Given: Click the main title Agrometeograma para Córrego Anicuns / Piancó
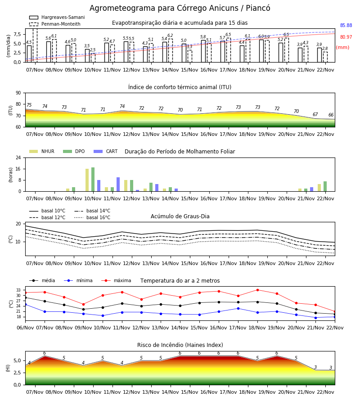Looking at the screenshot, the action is (x=180, y=8).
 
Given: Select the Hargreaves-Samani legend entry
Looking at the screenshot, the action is (x=57, y=17).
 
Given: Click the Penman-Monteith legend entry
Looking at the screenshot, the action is (x=55, y=24).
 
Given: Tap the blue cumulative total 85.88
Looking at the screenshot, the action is (x=346, y=25).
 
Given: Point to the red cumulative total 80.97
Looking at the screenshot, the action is (x=346, y=37).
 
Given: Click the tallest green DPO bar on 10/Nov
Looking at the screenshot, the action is (x=93, y=180).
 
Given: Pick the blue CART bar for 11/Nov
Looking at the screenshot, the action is (x=118, y=184).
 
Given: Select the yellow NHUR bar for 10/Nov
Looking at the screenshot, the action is (x=87, y=180).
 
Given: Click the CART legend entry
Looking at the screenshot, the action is (x=105, y=151).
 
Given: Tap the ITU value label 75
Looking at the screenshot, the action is (x=29, y=105).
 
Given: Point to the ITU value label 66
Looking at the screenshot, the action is (x=331, y=115).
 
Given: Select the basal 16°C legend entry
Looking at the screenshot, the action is (x=92, y=217).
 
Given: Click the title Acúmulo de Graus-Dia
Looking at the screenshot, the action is (x=180, y=216).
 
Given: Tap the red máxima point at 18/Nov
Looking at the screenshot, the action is (x=257, y=290).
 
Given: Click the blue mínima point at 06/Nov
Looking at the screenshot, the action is (x=25, y=305).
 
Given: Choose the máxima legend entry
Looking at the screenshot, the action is (x=116, y=280).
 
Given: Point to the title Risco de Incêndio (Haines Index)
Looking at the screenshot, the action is (x=180, y=345).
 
